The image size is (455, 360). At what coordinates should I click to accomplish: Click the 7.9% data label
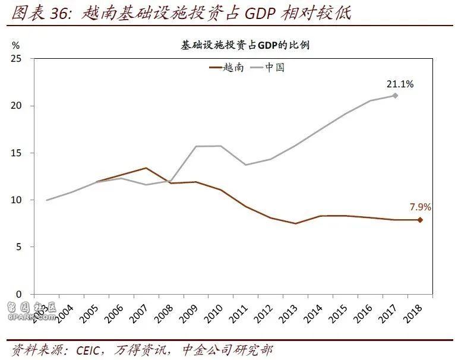pyautogui.click(x=420, y=207)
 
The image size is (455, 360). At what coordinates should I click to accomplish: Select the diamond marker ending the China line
pyautogui.click(x=395, y=96)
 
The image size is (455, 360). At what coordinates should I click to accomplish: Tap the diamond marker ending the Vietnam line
pyautogui.click(x=420, y=220)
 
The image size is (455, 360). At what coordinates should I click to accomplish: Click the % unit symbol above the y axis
pyautogui.click(x=15, y=45)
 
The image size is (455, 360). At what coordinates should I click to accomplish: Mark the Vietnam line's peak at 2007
pyautogui.click(x=146, y=168)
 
